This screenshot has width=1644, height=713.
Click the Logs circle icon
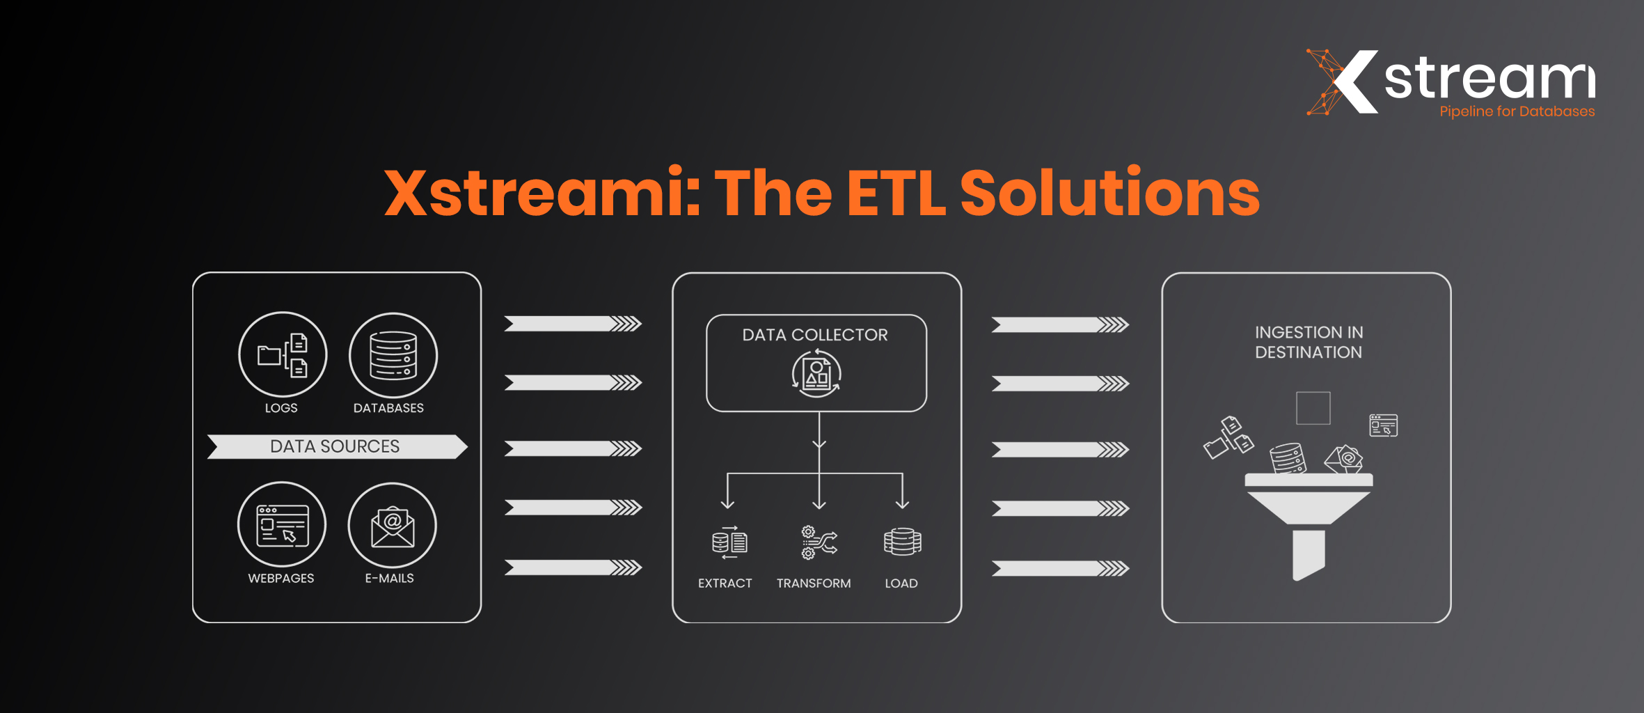point(283,354)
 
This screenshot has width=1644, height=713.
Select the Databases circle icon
point(393,355)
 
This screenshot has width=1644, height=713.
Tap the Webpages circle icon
point(282,525)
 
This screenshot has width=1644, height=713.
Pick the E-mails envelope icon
point(393,526)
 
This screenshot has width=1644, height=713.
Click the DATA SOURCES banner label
point(335,446)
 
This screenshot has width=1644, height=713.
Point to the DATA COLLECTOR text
point(815,335)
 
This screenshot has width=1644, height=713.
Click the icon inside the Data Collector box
point(816,373)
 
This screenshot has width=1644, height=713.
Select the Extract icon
point(729,542)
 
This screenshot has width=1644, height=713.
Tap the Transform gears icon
point(819,542)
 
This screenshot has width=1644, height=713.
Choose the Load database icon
point(902,542)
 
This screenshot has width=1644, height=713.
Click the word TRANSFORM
point(814,583)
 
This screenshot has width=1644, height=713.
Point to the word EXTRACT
point(725,583)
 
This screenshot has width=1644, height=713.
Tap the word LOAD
point(901,583)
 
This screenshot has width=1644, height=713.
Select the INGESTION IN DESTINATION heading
point(1309,343)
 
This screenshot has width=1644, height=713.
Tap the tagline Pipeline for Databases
point(1517,111)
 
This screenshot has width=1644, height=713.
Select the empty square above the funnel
point(1313,408)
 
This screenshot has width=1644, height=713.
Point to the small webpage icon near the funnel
point(1384,425)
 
